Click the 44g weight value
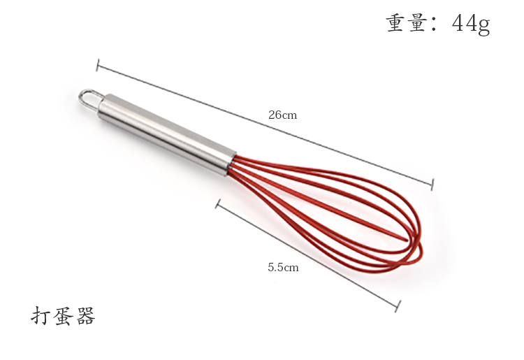[x=471, y=23]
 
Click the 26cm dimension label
[x=282, y=115]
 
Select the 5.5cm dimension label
[x=283, y=268]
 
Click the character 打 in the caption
[x=41, y=315]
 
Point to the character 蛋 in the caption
[x=63, y=315]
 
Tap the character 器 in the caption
[x=85, y=315]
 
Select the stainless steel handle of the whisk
[x=166, y=134]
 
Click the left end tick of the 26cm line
[x=98, y=65]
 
